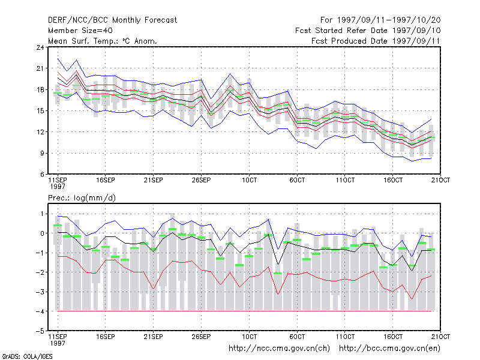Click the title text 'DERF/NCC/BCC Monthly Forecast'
pyautogui.click(x=112, y=20)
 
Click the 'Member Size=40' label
pyautogui.click(x=80, y=31)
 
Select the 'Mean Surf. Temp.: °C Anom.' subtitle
pyautogui.click(x=103, y=41)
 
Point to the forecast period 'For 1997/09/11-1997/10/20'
pyautogui.click(x=380, y=20)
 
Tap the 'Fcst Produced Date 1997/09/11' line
pyautogui.click(x=376, y=41)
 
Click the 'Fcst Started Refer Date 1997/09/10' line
pyautogui.click(x=368, y=31)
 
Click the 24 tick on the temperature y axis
pyautogui.click(x=40, y=47)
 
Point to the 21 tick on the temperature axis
pyautogui.click(x=40, y=68)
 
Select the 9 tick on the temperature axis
pyautogui.click(x=42, y=153)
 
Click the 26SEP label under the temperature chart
pyautogui.click(x=201, y=180)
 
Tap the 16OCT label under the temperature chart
pyautogui.click(x=393, y=180)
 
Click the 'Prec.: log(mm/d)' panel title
pyautogui.click(x=82, y=198)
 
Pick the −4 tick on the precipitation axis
pyautogui.click(x=40, y=311)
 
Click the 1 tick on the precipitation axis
pyautogui.click(x=42, y=214)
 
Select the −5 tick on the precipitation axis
pyautogui.click(x=40, y=331)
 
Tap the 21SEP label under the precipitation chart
pyautogui.click(x=154, y=337)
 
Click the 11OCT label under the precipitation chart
pyautogui.click(x=345, y=337)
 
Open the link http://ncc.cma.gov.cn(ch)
pyautogui.click(x=279, y=349)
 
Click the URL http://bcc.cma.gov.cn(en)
pyautogui.click(x=389, y=349)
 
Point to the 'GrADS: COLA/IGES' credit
pyautogui.click(x=27, y=356)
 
